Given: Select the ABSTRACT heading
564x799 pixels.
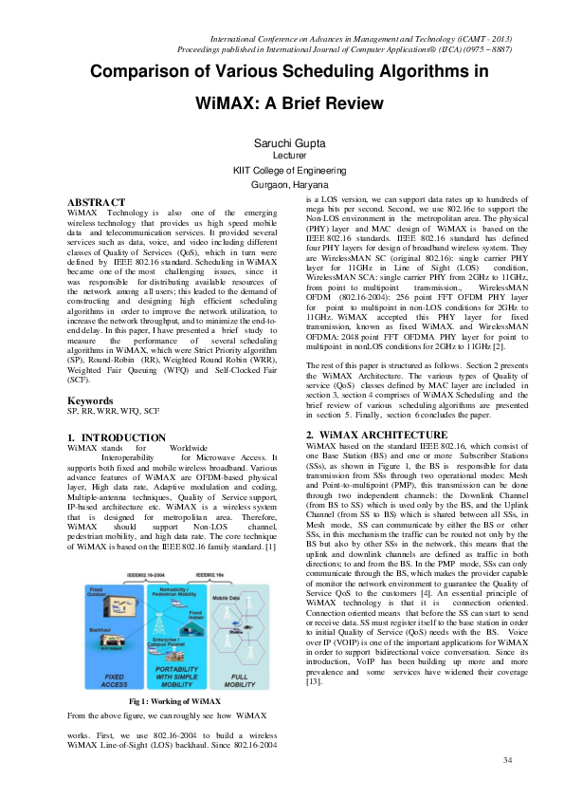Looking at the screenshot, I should pyautogui.click(x=96, y=202).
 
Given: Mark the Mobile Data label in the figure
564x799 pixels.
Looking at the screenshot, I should pyautogui.click(x=225, y=598).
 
